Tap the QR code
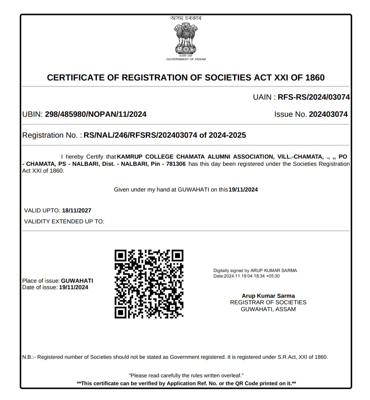149,284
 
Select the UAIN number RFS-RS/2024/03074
313,97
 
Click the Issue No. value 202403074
328,114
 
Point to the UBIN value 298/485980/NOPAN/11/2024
96,114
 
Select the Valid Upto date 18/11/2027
76,210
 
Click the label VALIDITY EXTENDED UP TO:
64,221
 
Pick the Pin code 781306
176,164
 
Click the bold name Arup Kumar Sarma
268,296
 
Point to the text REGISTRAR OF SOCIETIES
268,302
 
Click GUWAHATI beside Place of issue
77,281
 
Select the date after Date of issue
73,287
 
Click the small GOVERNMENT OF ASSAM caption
186,59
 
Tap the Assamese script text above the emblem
186,18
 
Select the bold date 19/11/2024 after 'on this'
243,190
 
